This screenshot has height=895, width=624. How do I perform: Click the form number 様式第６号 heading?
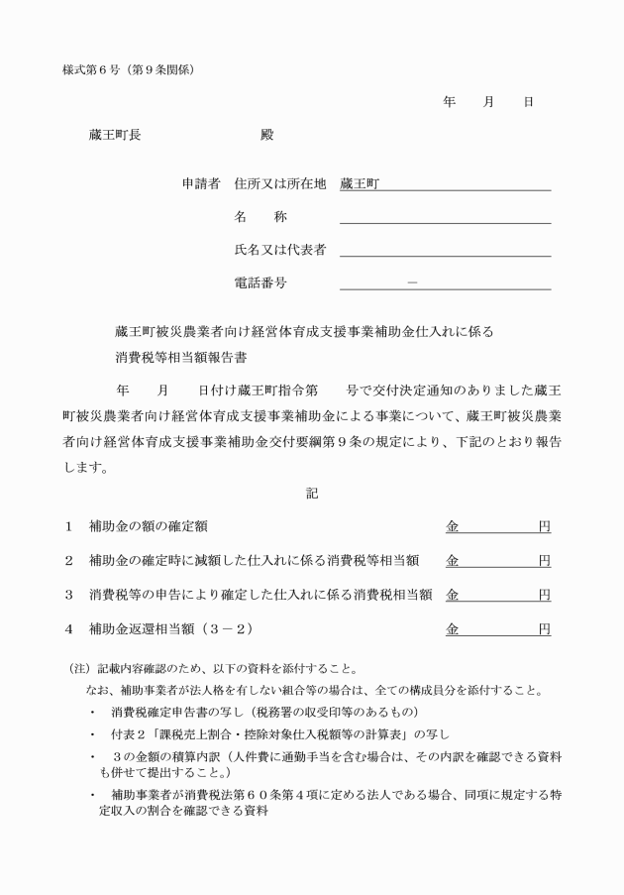pos(97,68)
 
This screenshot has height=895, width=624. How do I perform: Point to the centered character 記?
pos(311,493)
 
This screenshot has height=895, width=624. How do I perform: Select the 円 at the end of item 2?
pos(544,561)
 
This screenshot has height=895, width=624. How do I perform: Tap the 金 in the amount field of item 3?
pos(452,595)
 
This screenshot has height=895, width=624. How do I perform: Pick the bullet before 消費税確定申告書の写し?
pos(92,713)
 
